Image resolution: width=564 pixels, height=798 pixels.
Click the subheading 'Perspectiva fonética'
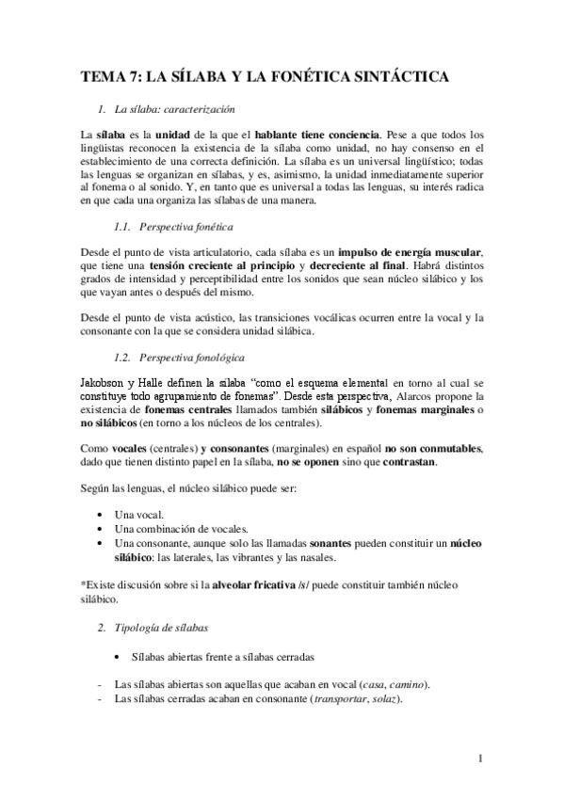[x=186, y=228]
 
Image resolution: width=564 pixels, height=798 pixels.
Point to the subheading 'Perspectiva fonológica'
[x=192, y=359]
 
